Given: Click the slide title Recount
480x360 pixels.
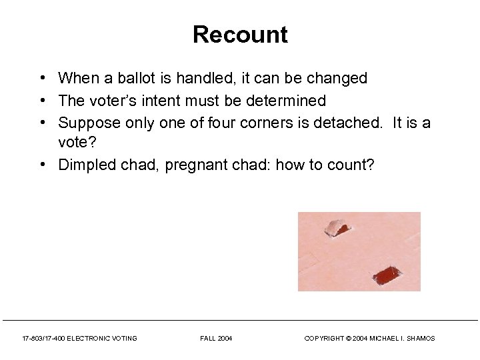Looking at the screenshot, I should click(240, 35).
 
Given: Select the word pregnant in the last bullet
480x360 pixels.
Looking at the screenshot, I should click(196, 165).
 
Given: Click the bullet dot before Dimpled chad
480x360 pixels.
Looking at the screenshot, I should click(41, 165).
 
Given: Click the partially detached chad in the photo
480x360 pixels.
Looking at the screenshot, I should click(337, 227).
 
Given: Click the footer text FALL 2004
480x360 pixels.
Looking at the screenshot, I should click(216, 339).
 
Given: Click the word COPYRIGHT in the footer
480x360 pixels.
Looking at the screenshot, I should click(322, 339).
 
